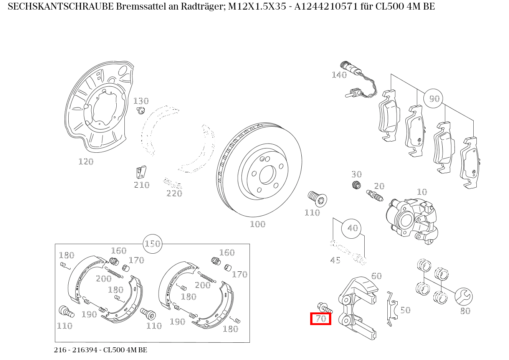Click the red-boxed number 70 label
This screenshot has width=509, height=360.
click(321, 318)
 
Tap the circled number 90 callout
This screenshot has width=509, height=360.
click(433, 99)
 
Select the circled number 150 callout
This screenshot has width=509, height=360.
click(152, 244)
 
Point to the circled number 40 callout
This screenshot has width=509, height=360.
click(352, 228)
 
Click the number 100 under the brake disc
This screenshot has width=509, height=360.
click(258, 224)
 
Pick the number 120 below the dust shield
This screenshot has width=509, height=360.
click(86, 162)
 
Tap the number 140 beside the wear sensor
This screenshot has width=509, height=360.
click(339, 75)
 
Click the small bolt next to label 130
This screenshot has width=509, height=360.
click(140, 111)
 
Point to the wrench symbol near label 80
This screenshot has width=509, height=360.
click(463, 296)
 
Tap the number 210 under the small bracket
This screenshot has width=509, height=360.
click(141, 185)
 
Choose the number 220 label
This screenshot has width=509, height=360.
click(174, 193)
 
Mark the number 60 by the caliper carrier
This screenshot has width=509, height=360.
click(376, 276)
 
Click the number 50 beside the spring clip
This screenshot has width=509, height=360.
click(405, 310)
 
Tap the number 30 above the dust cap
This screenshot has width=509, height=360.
click(357, 175)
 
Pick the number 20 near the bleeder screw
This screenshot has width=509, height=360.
click(379, 186)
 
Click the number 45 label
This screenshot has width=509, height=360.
click(335, 261)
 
